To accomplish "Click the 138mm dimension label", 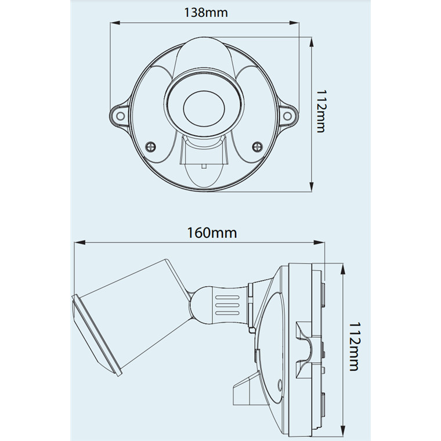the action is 205,13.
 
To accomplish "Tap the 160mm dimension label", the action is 212,233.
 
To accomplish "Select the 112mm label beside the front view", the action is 321,111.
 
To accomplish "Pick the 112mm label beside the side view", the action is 354,346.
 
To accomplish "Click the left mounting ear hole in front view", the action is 120,116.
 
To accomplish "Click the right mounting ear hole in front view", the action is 287,116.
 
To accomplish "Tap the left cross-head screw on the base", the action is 151,147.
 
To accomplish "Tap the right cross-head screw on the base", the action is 257,147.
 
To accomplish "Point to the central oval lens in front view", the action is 204,109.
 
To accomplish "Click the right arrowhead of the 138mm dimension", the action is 294,23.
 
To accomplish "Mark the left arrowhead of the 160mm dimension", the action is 79,243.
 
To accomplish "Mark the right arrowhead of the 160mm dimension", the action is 319,243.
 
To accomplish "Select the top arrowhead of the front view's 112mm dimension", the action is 312,42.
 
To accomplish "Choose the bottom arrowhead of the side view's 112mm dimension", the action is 342,430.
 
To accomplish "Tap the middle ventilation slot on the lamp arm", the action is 227,305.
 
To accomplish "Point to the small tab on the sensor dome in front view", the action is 204,166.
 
